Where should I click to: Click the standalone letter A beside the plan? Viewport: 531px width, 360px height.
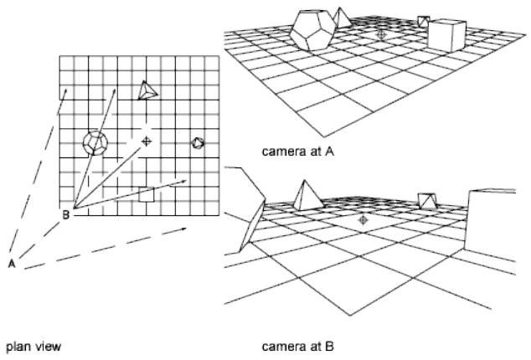click(13, 264)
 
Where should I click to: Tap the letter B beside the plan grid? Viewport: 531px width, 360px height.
click(65, 215)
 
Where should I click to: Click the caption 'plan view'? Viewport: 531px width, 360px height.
click(35, 343)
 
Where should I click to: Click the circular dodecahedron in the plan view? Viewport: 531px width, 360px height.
click(95, 143)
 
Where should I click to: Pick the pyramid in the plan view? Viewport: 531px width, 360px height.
click(147, 90)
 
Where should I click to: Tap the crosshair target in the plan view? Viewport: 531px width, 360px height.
click(147, 142)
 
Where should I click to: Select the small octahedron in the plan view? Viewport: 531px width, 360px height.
click(198, 143)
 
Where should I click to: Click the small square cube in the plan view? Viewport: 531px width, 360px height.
click(147, 195)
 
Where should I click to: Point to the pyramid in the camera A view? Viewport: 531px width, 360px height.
click(343, 18)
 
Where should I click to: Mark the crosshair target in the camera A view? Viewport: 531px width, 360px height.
click(382, 34)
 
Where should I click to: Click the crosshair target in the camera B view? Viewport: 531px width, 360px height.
click(363, 219)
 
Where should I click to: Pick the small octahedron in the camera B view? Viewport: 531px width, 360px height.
click(428, 201)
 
